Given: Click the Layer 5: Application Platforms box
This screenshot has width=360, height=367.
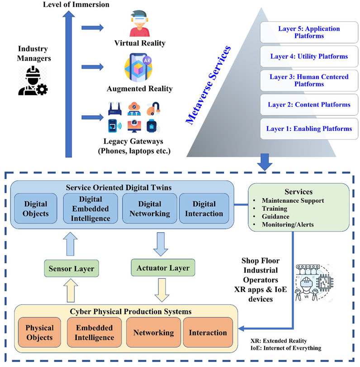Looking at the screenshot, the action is (309, 32).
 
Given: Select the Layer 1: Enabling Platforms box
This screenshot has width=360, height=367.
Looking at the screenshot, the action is (309, 129).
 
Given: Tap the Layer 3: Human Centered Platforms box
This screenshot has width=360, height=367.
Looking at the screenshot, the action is (309, 80).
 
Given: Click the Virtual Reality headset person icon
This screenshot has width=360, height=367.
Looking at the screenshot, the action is (140, 23).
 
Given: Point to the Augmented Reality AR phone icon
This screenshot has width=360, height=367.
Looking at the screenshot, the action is (138, 67).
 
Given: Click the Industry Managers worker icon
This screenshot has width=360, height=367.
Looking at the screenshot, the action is (33, 81).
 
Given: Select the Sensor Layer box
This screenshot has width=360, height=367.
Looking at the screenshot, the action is (71, 268).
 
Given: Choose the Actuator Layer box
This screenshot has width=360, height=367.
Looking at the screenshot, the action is (163, 267).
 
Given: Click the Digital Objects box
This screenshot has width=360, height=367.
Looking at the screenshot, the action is (36, 208).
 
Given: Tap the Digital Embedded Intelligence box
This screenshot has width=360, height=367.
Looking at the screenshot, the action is (90, 208).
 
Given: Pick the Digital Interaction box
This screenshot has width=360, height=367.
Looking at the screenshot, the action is (204, 208).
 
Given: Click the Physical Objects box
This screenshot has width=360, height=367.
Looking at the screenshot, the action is (39, 332).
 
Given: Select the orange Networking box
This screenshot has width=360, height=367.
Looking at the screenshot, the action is (153, 332).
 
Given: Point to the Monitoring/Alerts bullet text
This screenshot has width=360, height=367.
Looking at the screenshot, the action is (288, 224).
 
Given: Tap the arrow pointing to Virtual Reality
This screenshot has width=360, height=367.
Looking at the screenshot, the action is (92, 28).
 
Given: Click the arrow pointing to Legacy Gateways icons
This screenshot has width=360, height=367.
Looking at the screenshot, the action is (92, 117).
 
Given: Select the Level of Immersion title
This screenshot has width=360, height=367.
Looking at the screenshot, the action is (76, 4).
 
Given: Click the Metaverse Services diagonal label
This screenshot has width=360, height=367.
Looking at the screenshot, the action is (208, 85).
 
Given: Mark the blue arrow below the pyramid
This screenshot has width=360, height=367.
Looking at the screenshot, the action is (265, 162).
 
